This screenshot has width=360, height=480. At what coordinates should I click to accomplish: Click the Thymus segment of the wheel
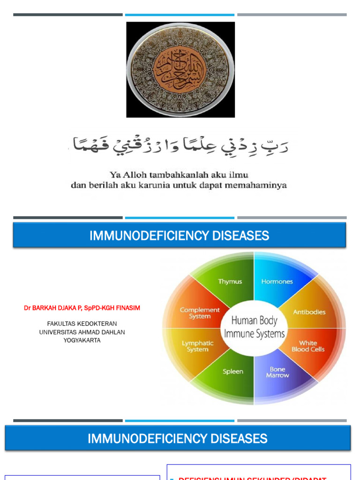click(x=230, y=282)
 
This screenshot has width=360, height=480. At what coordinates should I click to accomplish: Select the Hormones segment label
click(x=277, y=282)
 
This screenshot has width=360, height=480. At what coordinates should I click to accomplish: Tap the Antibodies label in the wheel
click(x=309, y=312)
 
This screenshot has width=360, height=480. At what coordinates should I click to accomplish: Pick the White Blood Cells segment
click(x=308, y=346)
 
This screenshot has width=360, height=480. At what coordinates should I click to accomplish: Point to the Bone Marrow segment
click(x=277, y=372)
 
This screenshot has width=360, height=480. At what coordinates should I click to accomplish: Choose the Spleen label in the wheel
click(x=233, y=372)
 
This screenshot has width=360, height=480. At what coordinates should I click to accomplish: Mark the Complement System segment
click(x=200, y=313)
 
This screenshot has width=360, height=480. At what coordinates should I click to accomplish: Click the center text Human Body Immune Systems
click(x=254, y=327)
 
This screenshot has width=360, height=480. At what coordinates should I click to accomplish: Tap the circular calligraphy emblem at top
click(x=180, y=69)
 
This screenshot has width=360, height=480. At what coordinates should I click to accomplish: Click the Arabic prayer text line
click(x=180, y=147)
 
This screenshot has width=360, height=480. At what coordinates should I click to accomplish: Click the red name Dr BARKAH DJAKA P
click(x=82, y=308)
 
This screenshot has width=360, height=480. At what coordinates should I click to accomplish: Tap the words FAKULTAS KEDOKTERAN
click(x=82, y=324)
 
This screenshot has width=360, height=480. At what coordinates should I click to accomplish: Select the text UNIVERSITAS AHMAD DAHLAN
click(x=82, y=332)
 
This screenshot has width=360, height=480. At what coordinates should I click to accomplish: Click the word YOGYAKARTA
click(x=82, y=340)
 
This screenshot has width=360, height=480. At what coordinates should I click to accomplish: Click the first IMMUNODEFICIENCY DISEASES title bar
click(x=180, y=236)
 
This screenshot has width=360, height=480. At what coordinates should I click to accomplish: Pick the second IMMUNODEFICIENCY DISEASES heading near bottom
click(x=178, y=439)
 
